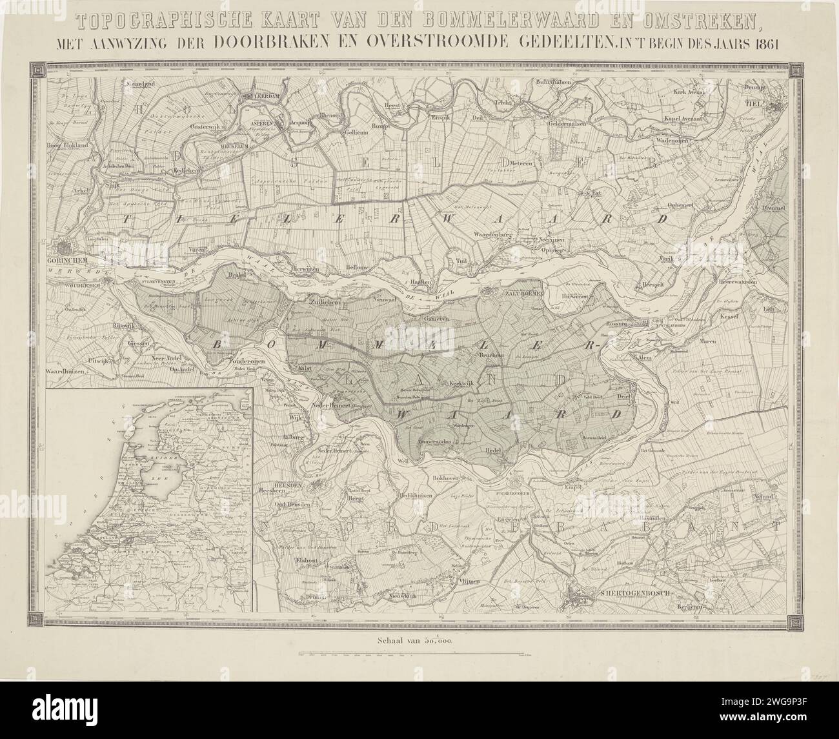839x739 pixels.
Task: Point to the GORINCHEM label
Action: [x=68, y=261]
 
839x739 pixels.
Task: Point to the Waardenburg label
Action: [x=492, y=234]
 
